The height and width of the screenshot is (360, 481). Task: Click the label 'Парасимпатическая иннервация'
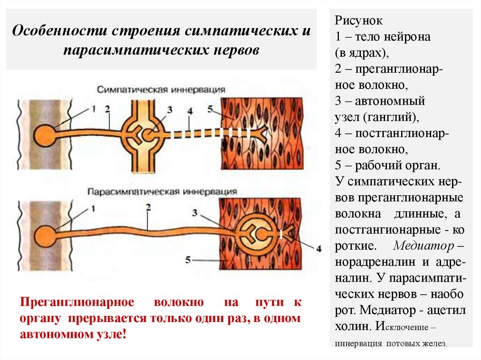pyautogui.click(x=162, y=191)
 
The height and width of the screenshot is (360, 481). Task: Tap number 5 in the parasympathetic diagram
pyautogui.click(x=187, y=259)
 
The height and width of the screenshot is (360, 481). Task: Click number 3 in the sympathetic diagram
pyautogui.click(x=169, y=109)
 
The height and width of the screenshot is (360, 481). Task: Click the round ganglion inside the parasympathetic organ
pyautogui.click(x=256, y=232)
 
